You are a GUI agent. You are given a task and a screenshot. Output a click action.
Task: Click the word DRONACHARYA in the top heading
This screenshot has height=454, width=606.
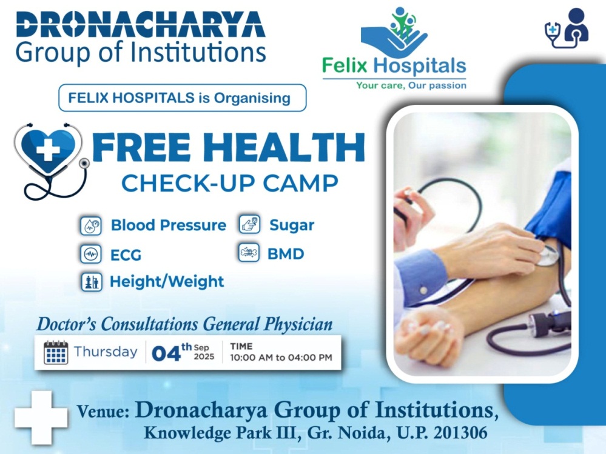point(141,25)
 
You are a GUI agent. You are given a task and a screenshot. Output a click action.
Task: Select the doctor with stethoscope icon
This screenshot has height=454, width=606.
point(567,28)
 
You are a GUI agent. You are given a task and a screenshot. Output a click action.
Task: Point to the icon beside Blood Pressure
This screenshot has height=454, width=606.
point(91,226)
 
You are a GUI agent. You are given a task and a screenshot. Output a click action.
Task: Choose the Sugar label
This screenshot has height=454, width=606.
point(292,225)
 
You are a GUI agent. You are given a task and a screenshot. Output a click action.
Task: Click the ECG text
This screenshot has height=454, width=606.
point(126,255)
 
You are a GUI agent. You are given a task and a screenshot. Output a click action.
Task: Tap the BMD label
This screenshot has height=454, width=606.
point(286,253)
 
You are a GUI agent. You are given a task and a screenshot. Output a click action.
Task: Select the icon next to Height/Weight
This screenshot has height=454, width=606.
point(91,282)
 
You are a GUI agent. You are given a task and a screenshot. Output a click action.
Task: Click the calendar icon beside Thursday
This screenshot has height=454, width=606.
point(56,352)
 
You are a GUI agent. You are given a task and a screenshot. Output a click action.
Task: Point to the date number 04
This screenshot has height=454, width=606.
point(166,353)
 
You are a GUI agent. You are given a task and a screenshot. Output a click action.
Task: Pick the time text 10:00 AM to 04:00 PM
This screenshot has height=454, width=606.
point(281,358)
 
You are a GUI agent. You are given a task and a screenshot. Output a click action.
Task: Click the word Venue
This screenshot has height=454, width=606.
point(103,412)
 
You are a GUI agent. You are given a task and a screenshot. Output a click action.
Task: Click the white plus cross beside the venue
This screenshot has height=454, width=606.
point(41,417)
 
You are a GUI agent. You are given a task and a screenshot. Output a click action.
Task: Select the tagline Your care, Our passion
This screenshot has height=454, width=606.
point(411,85)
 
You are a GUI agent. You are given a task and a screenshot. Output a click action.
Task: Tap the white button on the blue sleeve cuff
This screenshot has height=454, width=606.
point(423,290)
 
